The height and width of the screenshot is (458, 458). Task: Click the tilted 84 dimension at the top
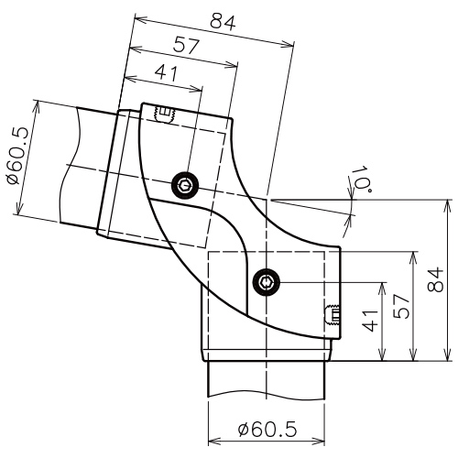tap(223, 23)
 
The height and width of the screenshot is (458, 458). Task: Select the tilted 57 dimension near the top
tap(187, 46)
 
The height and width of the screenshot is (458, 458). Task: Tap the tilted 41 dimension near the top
tap(166, 73)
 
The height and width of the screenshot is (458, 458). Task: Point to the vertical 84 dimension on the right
tap(435, 279)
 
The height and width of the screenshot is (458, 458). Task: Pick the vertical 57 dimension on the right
tap(401, 307)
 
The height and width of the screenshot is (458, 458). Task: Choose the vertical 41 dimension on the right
tap(370, 321)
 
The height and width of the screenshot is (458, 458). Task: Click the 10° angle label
tap(363, 180)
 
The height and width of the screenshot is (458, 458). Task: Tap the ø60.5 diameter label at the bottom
tap(267, 430)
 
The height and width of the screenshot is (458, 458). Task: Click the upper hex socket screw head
tap(185, 185)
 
